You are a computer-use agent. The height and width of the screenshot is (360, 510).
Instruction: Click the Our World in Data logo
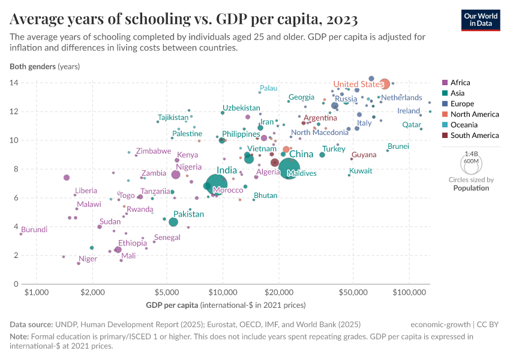481,19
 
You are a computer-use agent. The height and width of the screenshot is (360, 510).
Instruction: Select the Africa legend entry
460,83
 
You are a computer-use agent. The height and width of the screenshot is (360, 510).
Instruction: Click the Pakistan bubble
173,222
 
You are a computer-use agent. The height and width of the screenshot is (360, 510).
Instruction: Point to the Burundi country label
34,229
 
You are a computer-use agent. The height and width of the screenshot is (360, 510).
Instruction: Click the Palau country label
268,88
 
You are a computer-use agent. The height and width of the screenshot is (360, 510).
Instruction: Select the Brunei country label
398,146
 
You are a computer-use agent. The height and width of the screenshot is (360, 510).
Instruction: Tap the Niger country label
88,259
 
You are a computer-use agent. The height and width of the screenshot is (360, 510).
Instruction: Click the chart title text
184,20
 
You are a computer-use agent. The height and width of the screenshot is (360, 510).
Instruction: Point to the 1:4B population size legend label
471,154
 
